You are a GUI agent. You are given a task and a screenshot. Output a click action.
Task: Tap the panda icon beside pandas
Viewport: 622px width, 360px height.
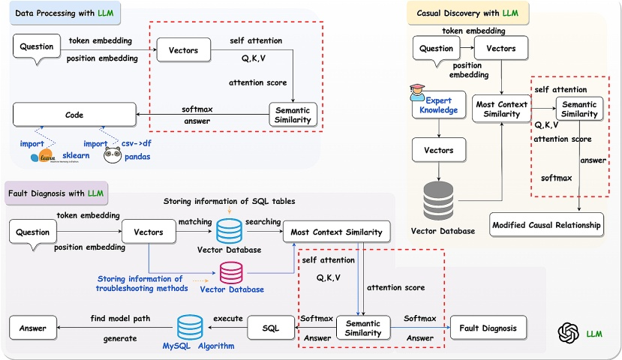coord(113,155)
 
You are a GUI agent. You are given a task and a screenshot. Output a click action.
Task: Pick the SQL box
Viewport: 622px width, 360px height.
coord(271,328)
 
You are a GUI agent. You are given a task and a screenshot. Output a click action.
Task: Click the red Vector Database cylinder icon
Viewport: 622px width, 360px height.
coord(230,270)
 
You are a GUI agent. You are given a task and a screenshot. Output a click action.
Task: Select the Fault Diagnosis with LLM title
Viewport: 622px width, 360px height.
coord(56,194)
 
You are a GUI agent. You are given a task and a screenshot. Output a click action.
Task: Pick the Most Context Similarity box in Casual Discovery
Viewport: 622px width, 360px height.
coord(501,111)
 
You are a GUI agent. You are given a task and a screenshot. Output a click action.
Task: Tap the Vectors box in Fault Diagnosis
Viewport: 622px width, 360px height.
coord(148,233)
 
